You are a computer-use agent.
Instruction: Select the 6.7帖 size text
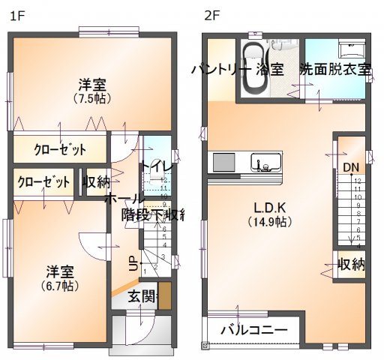(61, 286)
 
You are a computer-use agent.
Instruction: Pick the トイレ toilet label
(157, 166)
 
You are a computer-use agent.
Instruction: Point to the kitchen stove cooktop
(223, 163)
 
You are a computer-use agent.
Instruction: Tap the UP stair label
(132, 263)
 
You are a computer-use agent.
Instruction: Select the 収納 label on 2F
(351, 264)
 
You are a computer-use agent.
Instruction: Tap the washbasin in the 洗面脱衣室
(352, 50)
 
